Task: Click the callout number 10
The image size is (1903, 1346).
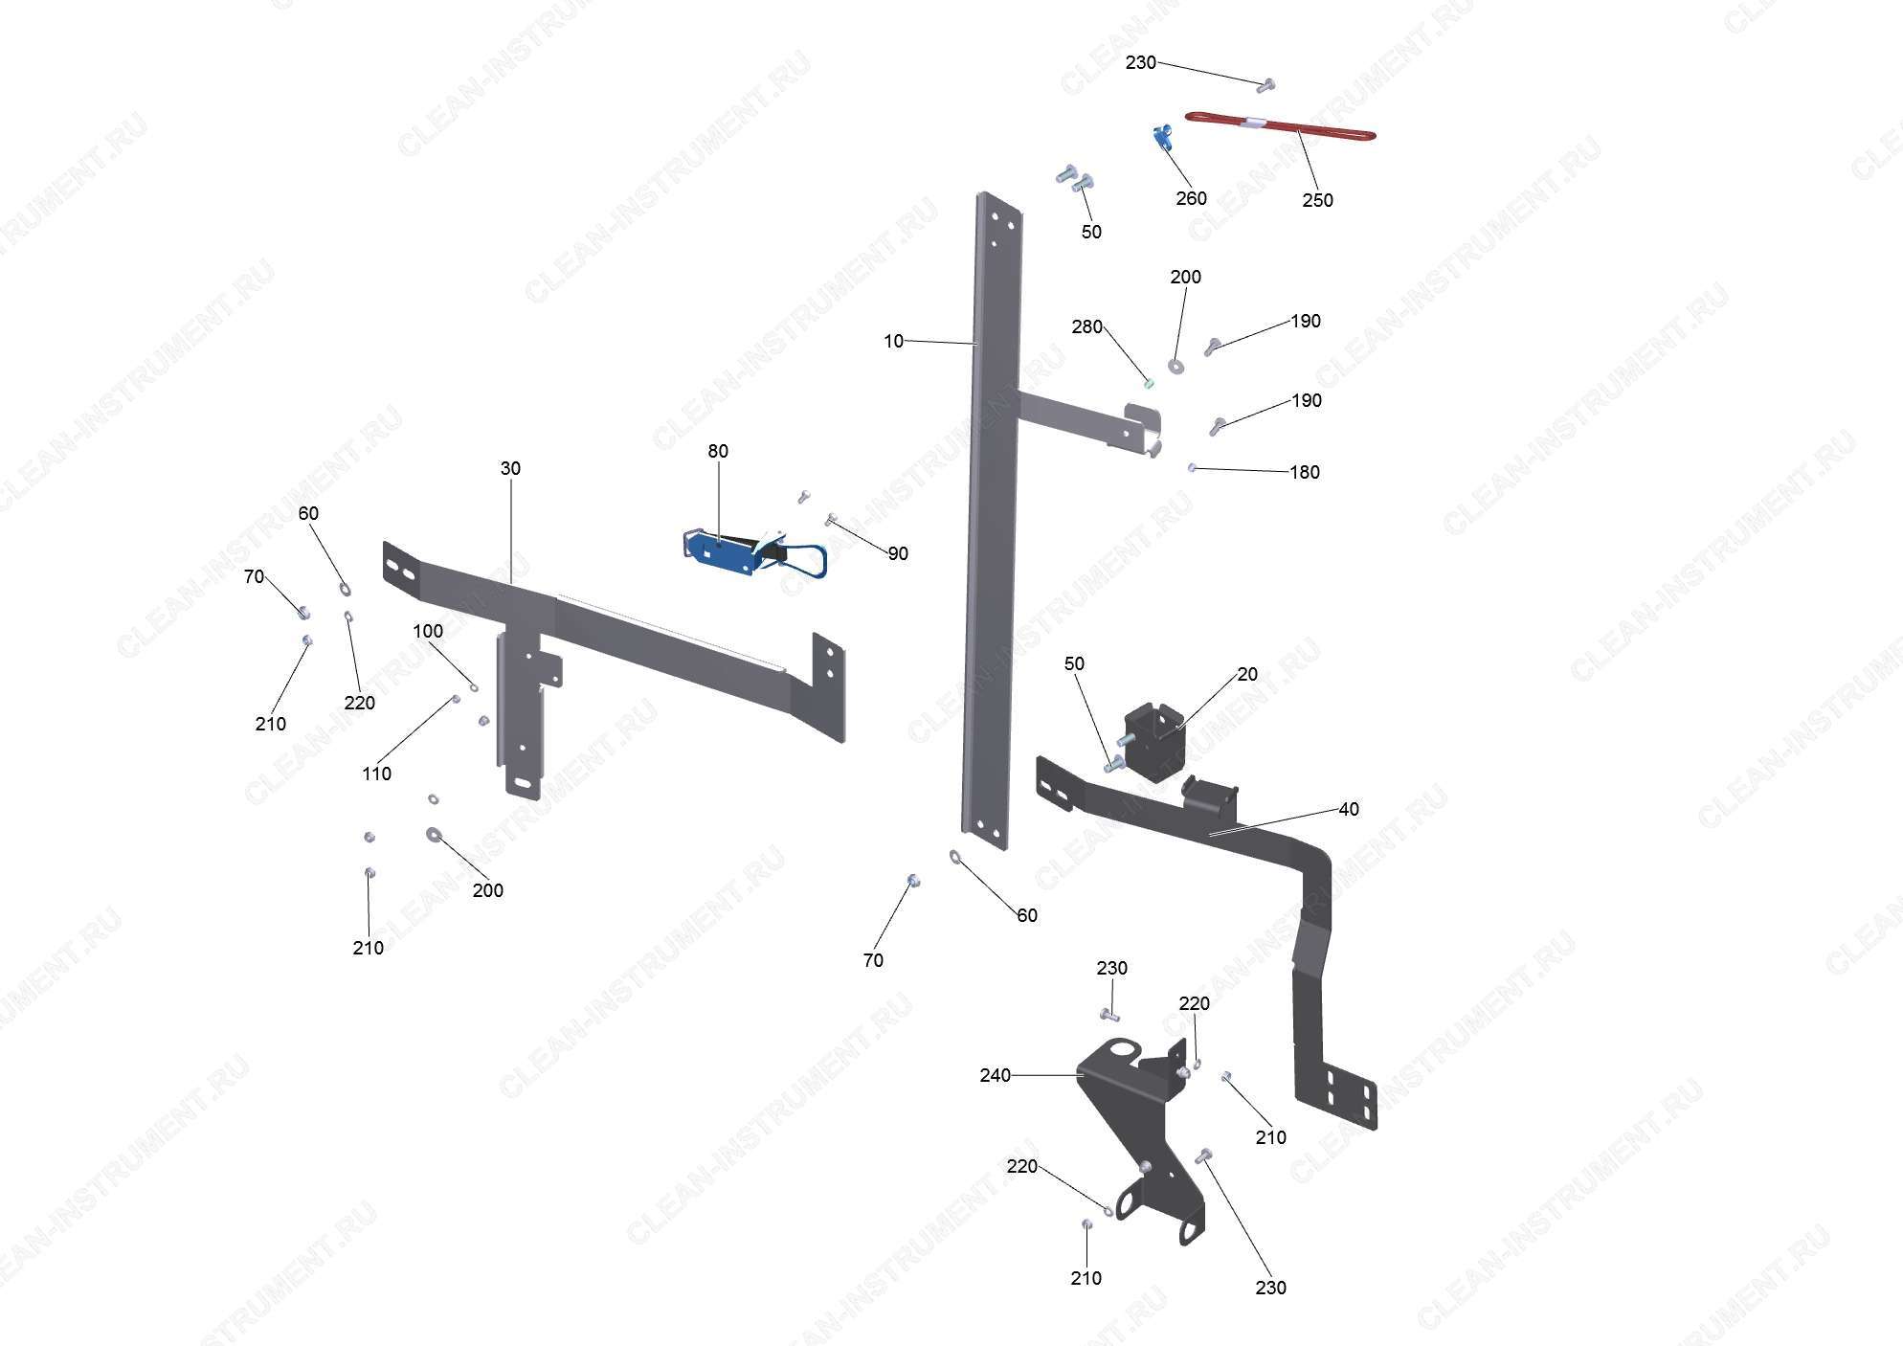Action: click(893, 341)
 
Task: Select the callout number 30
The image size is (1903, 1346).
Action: click(510, 468)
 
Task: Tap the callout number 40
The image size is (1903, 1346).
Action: click(1349, 809)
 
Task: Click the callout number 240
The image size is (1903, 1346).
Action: click(995, 1075)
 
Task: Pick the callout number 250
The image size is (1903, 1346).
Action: click(1317, 200)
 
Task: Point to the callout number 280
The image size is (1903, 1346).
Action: click(1086, 326)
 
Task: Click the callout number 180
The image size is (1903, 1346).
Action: click(1305, 472)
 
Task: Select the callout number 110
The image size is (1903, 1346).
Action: click(376, 774)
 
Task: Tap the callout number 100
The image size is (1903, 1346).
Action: click(428, 631)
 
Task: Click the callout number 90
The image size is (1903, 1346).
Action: click(898, 553)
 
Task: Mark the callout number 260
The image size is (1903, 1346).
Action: click(1191, 198)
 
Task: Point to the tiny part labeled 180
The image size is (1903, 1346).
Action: click(1192, 467)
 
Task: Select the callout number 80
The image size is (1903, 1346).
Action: click(718, 451)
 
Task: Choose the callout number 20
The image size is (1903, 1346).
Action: click(1247, 674)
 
